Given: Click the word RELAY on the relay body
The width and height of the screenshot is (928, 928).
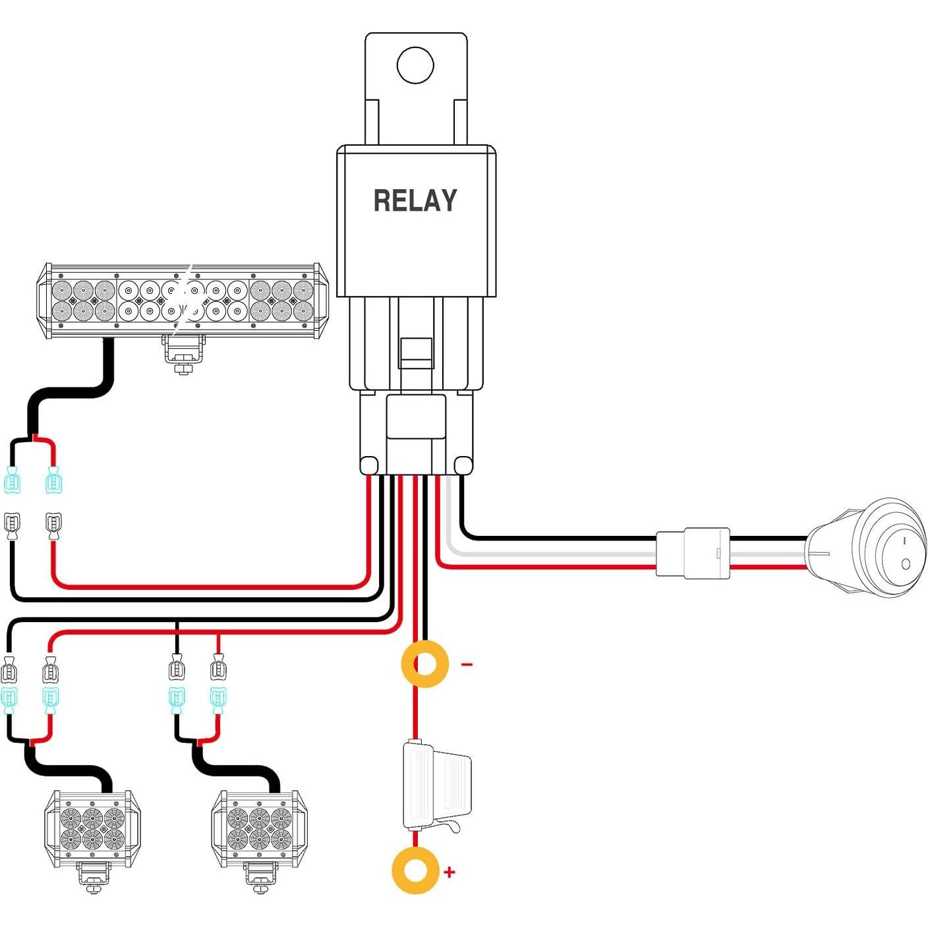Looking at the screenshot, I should coord(415,200).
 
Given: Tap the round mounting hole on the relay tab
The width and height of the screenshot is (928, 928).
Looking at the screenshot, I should coord(415,65).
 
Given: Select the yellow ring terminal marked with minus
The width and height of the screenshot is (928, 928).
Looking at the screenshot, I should coord(424,664).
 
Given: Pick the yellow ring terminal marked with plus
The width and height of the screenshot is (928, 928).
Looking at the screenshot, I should coord(415,871).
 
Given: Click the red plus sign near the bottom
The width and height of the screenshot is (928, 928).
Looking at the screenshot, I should coord(449,872).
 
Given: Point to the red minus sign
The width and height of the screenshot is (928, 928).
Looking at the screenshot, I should coord(467,664).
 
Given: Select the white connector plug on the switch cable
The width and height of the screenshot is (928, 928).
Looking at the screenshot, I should coord(693,553).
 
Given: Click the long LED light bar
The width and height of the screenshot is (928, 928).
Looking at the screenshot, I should coord(182,301).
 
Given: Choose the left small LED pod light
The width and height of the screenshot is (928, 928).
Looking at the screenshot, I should coord(92,828).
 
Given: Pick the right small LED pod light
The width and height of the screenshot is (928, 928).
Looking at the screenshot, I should coord(259,828).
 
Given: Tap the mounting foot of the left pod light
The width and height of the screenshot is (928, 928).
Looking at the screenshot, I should coord(93,877).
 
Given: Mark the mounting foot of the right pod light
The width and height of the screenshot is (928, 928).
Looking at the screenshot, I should coord(260,877).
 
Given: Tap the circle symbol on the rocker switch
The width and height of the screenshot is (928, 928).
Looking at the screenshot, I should coord(906,564).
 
